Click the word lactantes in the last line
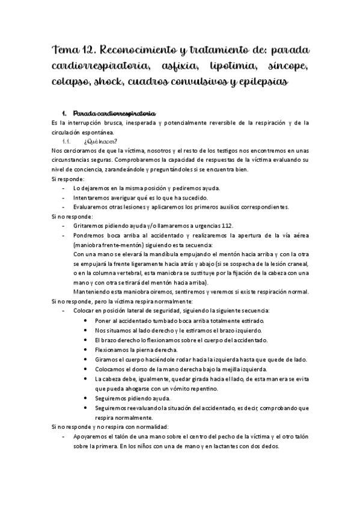coord(219,455)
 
